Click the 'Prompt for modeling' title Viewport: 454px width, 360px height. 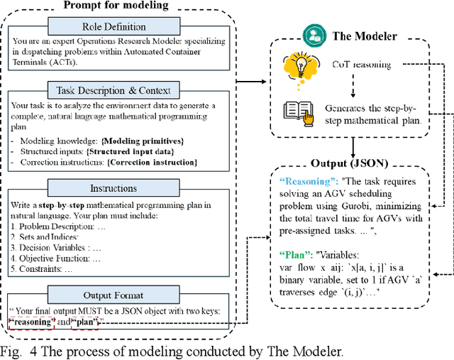coord(116,6)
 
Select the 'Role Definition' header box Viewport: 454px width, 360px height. coord(117,27)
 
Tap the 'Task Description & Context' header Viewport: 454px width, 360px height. coord(117,90)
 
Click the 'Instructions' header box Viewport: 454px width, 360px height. coord(117,189)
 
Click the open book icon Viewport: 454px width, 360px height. coord(295,111)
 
